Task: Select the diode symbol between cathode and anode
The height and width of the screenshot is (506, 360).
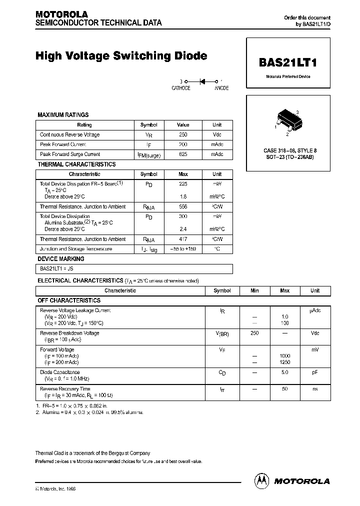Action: click(201, 80)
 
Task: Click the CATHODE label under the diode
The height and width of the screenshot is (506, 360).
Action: click(181, 88)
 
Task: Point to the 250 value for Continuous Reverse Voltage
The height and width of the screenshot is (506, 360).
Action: click(183, 134)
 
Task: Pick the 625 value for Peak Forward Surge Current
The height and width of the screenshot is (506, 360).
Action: click(183, 154)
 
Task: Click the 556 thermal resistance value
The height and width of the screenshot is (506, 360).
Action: click(183, 206)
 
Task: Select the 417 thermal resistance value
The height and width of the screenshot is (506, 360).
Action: click(183, 239)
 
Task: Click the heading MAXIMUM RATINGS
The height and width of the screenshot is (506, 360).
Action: click(63, 115)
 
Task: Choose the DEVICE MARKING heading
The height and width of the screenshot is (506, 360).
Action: click(61, 259)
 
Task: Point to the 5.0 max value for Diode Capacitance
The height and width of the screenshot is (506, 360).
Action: click(284, 372)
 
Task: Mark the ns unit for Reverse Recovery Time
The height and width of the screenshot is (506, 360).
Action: click(314, 388)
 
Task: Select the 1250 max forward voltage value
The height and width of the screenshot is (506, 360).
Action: click(284, 362)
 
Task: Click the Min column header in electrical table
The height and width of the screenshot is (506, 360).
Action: click(254, 290)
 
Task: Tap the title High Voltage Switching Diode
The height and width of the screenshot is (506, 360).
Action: click(121, 56)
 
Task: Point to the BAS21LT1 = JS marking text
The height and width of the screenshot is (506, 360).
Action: click(56, 268)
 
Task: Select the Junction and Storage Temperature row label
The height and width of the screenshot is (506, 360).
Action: click(76, 248)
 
